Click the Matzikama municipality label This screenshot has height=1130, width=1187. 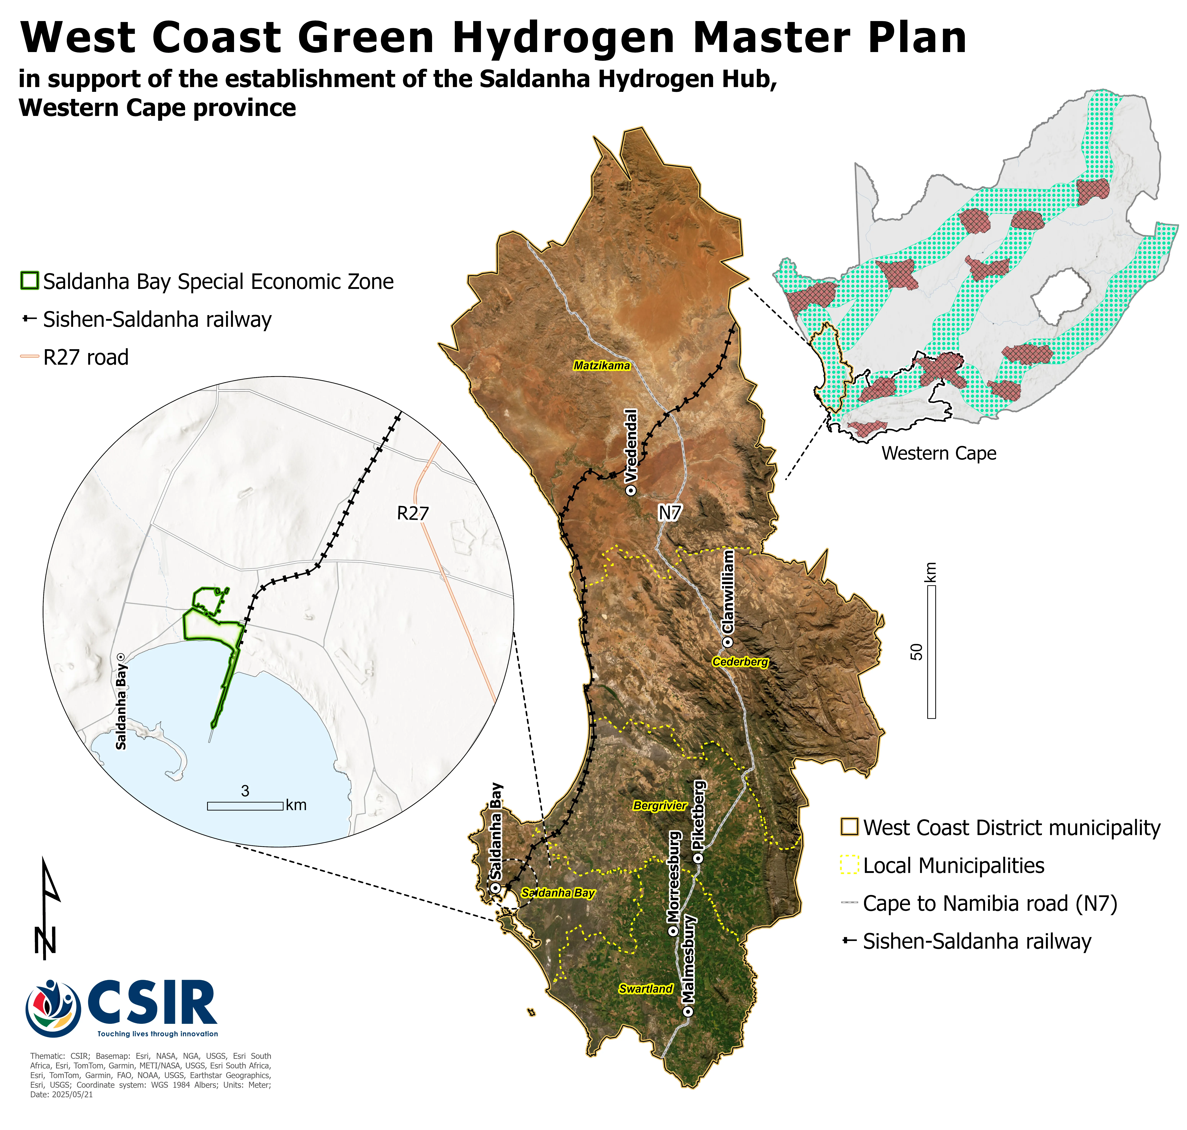click(x=601, y=366)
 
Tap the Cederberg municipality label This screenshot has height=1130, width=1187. click(x=740, y=662)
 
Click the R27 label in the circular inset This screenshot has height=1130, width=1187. click(x=413, y=513)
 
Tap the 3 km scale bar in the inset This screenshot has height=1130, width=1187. click(x=245, y=806)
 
